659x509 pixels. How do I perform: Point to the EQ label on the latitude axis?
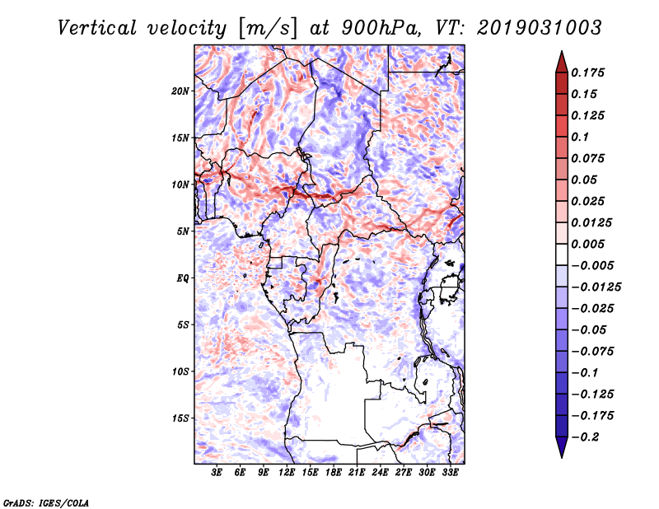click(184, 278)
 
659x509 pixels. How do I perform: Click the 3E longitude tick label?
click(217, 473)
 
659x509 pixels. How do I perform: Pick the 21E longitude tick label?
click(358, 473)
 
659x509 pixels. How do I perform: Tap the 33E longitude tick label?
click(451, 473)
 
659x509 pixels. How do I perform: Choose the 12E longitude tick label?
click(287, 473)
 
